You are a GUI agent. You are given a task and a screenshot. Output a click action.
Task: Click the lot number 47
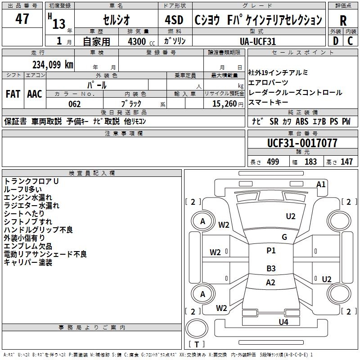click(x=22, y=18)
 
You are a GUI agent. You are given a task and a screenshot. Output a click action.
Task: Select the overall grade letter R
click(x=343, y=20)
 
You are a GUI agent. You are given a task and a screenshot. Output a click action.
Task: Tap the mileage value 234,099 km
click(x=53, y=65)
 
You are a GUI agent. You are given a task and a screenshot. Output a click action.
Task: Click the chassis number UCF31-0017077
click(x=302, y=143)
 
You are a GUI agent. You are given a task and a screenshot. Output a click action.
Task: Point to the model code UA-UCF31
click(x=258, y=41)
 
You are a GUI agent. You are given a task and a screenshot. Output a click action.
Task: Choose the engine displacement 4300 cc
click(x=141, y=41)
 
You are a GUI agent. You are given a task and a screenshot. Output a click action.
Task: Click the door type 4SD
click(x=174, y=20)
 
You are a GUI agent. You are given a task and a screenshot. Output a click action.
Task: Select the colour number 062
click(x=75, y=104)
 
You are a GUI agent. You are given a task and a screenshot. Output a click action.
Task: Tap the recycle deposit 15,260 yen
click(x=228, y=104)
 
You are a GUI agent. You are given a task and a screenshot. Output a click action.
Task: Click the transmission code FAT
click(x=13, y=94)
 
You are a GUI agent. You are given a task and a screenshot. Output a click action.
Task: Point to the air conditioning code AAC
click(x=35, y=94)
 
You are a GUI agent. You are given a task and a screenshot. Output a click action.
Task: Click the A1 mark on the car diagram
click(x=321, y=184)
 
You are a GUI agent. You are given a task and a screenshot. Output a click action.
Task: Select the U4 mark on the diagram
click(x=283, y=322)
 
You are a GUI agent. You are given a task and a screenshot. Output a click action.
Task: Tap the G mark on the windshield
click(x=284, y=237)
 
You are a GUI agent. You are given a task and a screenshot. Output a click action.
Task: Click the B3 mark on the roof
click(x=271, y=268)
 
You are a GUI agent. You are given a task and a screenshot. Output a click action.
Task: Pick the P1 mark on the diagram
click(x=271, y=251)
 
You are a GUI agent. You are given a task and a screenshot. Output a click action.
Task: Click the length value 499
click(x=273, y=162)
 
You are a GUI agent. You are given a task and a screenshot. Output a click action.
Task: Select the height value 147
click(x=346, y=162)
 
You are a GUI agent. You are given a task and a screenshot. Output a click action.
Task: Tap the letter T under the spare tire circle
click(x=197, y=344)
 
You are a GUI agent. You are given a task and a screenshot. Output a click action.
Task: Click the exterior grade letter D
click(x=336, y=41)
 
